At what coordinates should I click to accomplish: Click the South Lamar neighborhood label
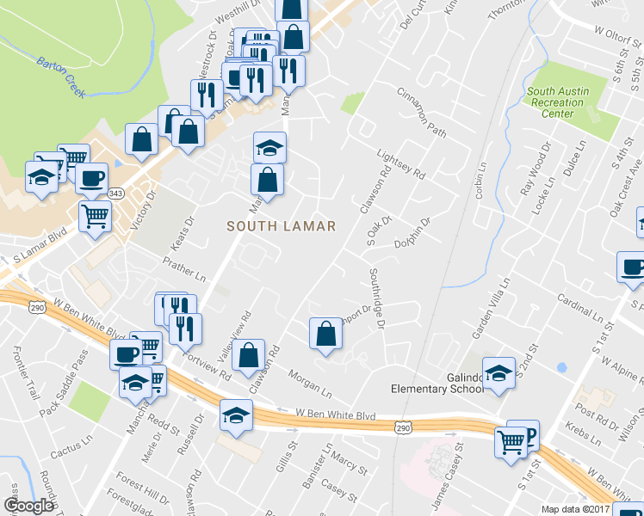(280, 225)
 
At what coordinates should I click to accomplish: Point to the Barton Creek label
(61, 76)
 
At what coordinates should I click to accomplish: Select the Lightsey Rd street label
(401, 163)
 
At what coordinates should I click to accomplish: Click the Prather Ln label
(186, 268)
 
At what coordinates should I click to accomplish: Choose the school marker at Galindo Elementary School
(498, 372)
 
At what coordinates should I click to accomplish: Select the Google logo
(28, 507)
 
